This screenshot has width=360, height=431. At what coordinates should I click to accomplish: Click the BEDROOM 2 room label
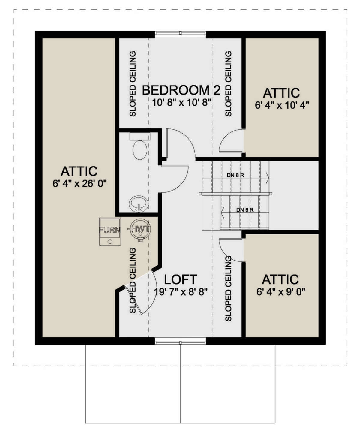[x=181, y=90]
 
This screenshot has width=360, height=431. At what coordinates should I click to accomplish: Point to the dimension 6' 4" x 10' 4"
[x=282, y=105]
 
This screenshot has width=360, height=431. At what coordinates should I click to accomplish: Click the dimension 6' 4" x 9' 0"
[x=281, y=292]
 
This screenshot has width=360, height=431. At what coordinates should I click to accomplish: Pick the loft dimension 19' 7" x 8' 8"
[x=181, y=292]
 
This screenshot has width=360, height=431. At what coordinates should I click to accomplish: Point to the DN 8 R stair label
[x=236, y=175]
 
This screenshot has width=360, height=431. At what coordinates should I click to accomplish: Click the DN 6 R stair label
[x=245, y=210]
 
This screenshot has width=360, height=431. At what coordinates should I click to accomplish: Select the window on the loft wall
[x=181, y=341]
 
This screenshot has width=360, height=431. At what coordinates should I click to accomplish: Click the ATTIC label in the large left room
[x=79, y=171]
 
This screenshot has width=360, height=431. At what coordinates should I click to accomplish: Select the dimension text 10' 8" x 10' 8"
[x=182, y=103]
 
